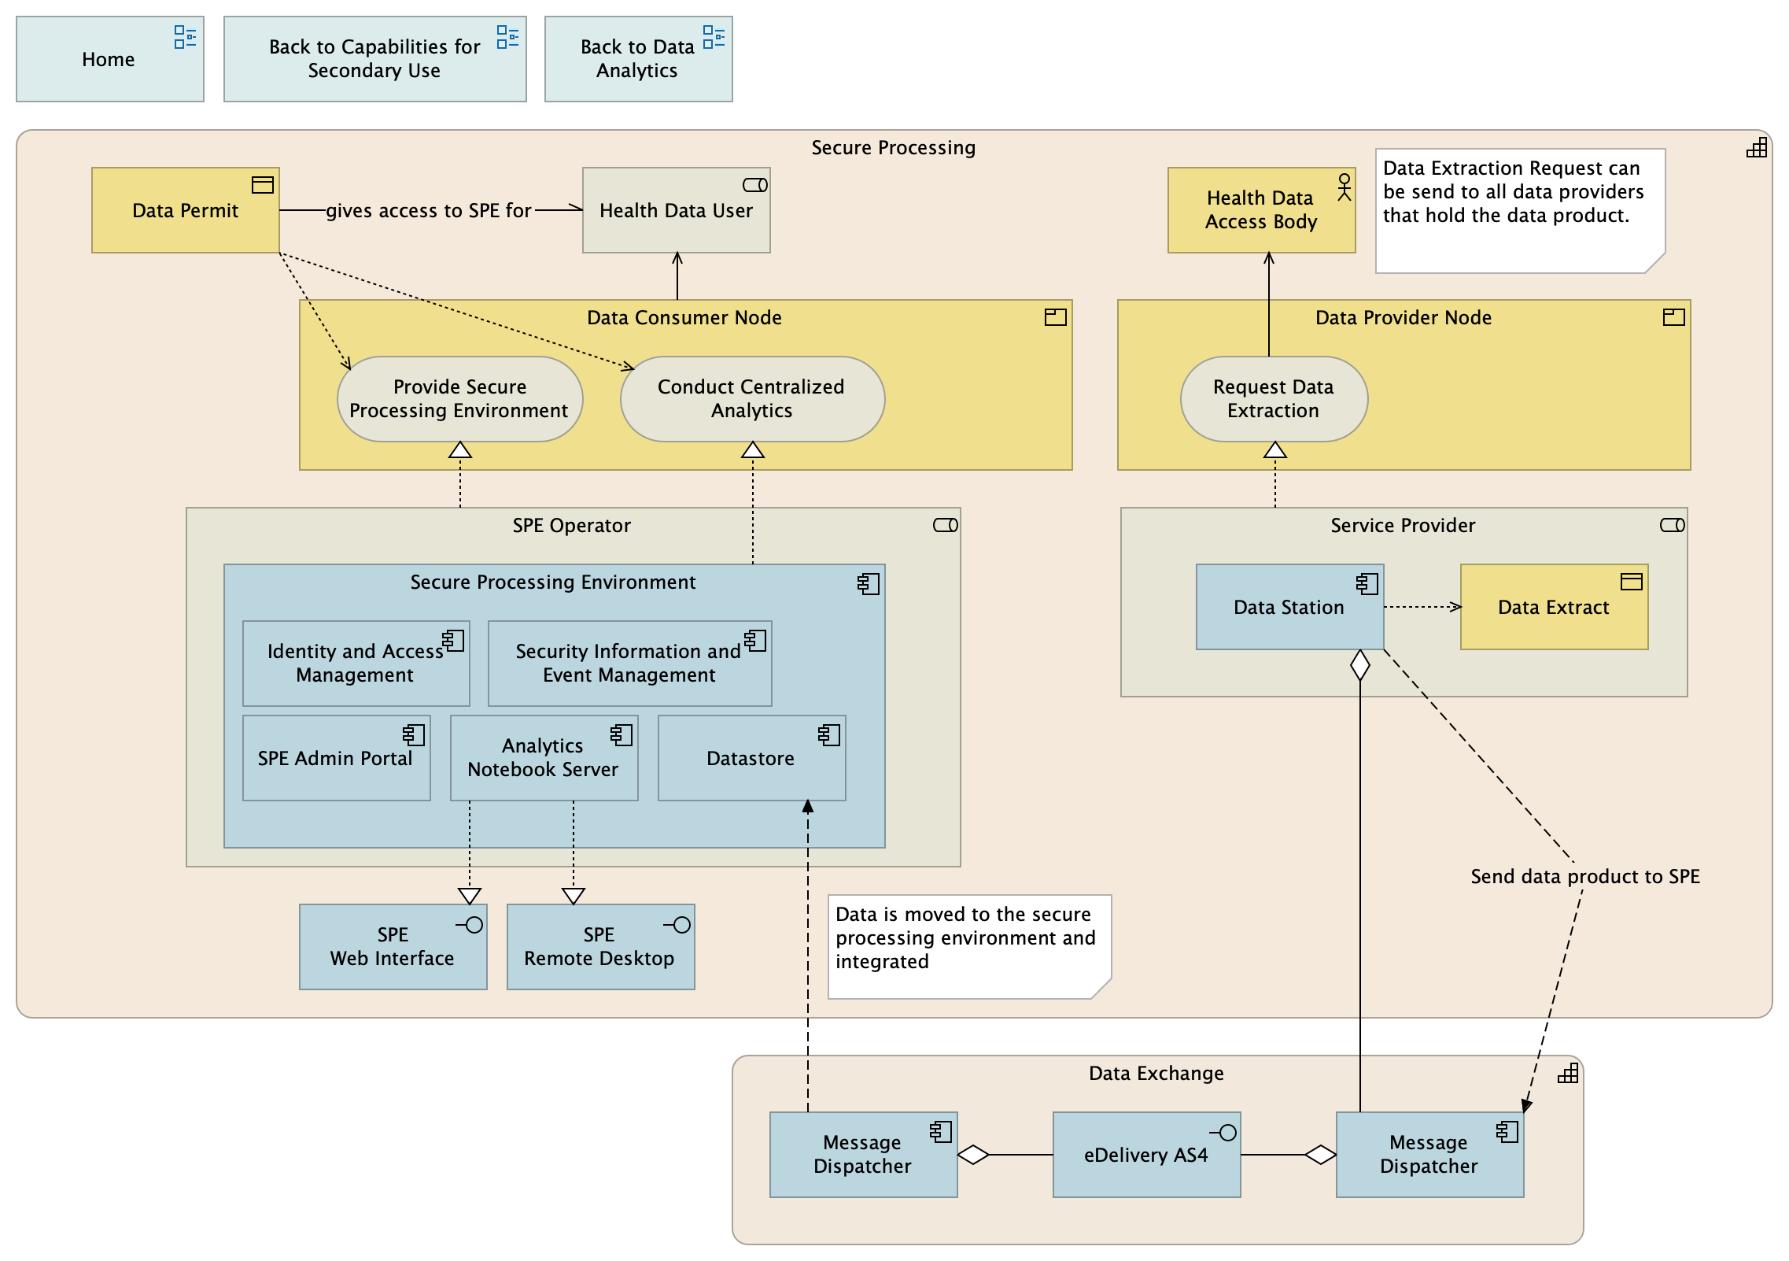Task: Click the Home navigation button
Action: point(109,59)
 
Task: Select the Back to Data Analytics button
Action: point(637,59)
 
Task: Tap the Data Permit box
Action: point(185,210)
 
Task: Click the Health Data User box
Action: point(676,210)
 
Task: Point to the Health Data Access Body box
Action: point(1260,210)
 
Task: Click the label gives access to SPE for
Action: point(429,210)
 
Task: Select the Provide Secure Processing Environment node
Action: point(459,399)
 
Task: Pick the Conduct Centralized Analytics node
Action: point(751,399)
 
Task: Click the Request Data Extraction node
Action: point(1273,399)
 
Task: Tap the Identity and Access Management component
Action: point(355,664)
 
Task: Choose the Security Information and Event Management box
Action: point(629,664)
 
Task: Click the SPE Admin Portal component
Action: point(335,758)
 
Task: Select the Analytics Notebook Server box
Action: point(543,758)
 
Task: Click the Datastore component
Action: point(751,758)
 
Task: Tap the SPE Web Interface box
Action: point(392,947)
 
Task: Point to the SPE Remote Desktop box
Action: point(599,947)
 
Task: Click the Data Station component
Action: point(1289,607)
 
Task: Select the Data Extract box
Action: point(1553,607)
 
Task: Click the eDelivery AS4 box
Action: point(1145,1155)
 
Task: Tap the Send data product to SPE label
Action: point(1584,876)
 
